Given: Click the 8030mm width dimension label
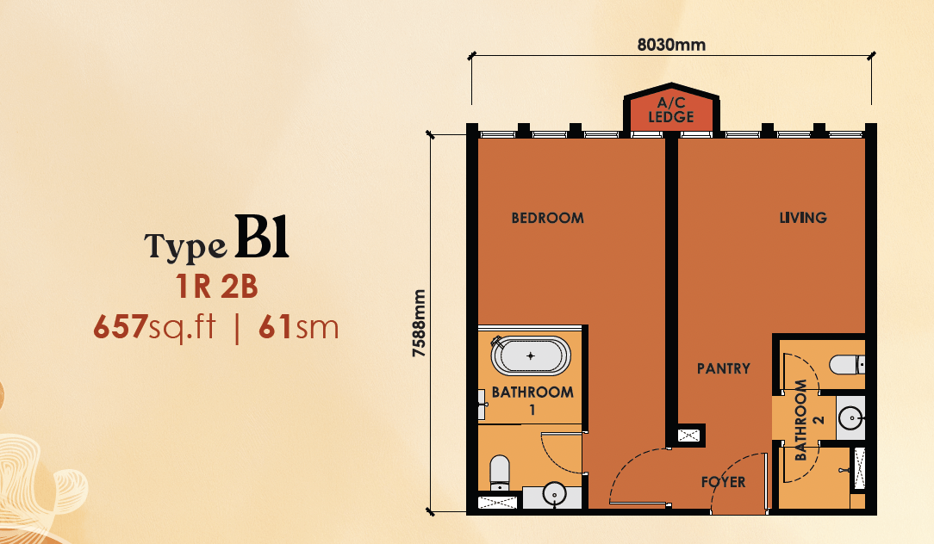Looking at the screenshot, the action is pos(671,45).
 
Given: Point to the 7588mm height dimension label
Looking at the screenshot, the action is pos(420,323).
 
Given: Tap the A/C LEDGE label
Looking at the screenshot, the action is pos(671,110).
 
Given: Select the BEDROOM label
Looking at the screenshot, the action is pos(547,218).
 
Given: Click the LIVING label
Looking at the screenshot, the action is pos(803,218).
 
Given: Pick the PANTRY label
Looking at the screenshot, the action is pos(724,368).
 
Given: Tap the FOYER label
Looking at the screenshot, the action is pos(723,481).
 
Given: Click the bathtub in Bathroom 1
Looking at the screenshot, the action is pos(530,355).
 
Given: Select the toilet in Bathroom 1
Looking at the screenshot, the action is pos(499,473).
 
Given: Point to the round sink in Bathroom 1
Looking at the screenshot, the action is pos(555,494).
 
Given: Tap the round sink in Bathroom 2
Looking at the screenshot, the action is pos(850,417).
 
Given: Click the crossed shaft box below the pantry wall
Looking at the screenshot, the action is pos(689,435).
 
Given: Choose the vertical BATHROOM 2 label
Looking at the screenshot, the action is pos(809,420).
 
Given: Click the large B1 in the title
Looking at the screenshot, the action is pos(261,237).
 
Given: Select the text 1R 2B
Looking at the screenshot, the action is pos(217,287).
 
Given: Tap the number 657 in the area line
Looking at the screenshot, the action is pos(121,327).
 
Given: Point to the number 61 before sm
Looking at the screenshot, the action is pos(275,327).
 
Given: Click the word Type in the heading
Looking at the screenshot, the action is pos(185,246).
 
